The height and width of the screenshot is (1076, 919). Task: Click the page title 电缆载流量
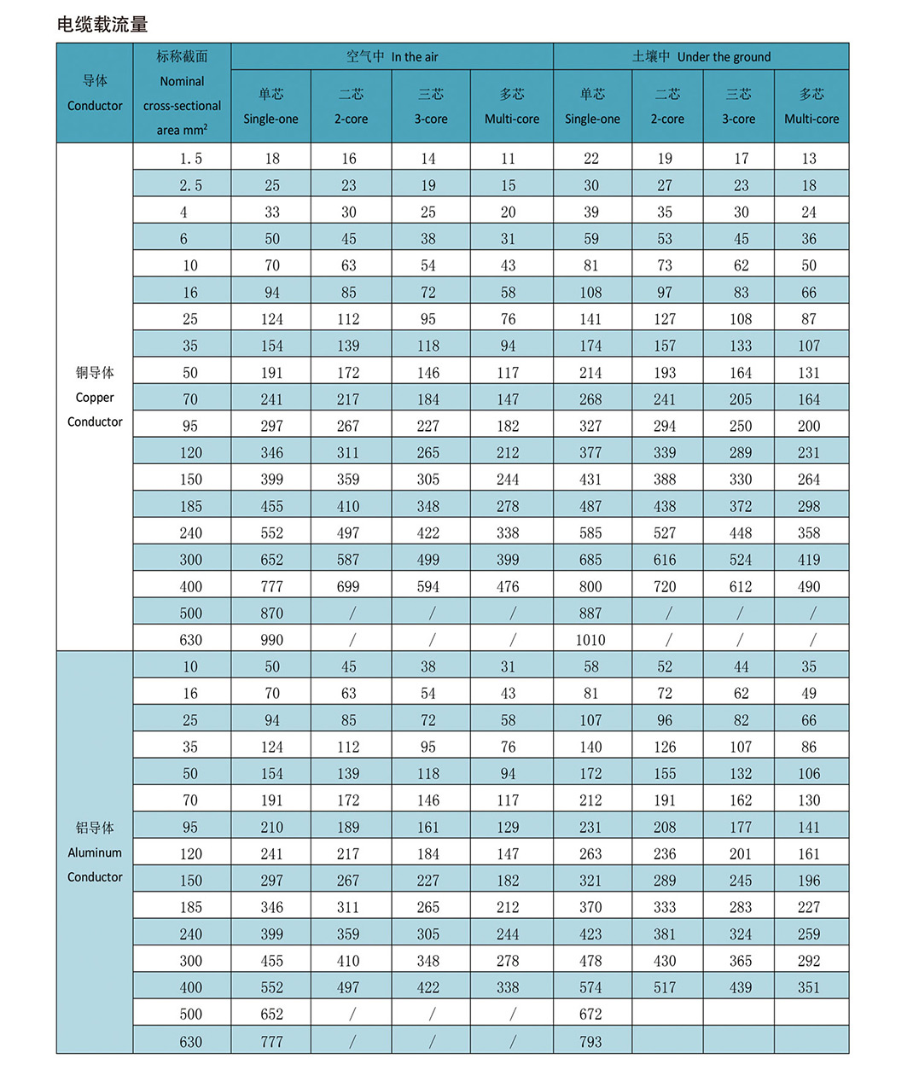[102, 25]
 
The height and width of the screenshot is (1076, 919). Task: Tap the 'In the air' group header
[392, 56]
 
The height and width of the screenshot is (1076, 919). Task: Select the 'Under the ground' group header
[701, 56]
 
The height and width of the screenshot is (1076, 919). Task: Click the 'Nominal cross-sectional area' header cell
[182, 93]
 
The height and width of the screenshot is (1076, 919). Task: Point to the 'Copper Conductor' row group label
[95, 397]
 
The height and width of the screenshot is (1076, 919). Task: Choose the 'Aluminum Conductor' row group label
[95, 852]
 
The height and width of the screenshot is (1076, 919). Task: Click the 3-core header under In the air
[431, 107]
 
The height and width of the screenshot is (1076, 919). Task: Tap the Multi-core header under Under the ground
[811, 107]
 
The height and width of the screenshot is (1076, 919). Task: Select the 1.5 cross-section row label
[190, 158]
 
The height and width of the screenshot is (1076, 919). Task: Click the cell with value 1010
[590, 640]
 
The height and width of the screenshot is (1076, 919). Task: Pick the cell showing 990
[271, 640]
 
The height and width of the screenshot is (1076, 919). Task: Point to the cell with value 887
[590, 614]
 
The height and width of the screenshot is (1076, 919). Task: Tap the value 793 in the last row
[590, 1042]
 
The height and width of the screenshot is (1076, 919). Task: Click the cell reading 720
[665, 586]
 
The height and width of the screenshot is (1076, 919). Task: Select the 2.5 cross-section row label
[190, 185]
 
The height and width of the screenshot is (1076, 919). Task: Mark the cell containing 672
[590, 1015]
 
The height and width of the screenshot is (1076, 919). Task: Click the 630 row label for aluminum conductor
[190, 1042]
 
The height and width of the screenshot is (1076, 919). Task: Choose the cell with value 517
[665, 987]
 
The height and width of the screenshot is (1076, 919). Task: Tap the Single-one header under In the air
[270, 107]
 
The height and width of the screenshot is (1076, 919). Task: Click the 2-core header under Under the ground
[667, 107]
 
